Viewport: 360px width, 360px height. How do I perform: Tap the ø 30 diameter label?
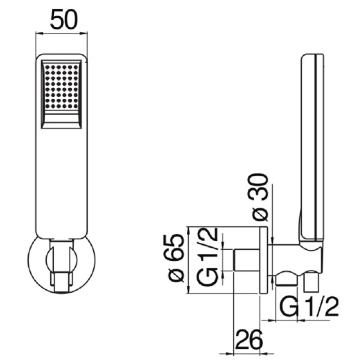coord(262,196)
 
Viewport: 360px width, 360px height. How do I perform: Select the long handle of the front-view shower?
coord(62,180)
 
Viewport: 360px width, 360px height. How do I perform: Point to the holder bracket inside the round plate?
coord(62,264)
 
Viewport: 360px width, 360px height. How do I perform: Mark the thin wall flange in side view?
coord(263,260)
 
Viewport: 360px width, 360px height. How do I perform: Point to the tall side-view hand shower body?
coord(313,144)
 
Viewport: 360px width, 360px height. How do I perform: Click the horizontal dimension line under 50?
coord(62,34)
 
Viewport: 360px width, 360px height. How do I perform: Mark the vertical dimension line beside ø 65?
coord(188,260)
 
